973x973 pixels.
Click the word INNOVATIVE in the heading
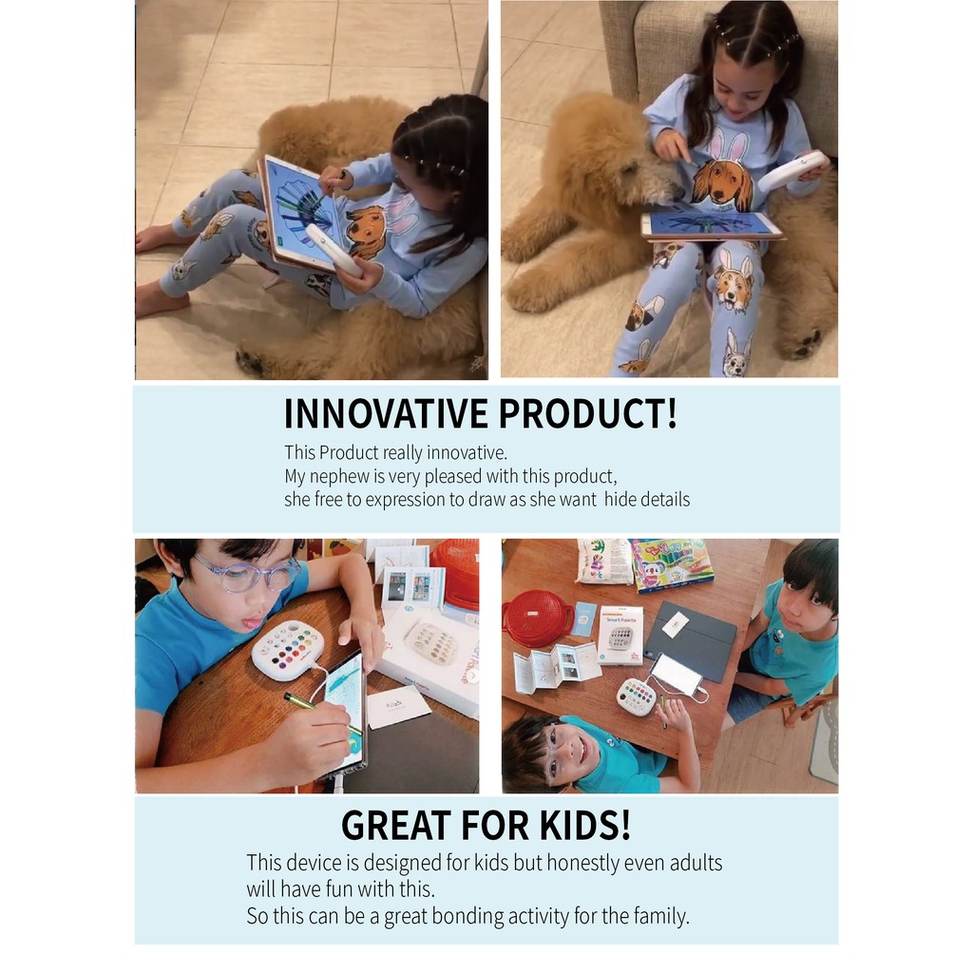(x=386, y=413)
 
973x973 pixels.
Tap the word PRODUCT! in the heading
(x=587, y=413)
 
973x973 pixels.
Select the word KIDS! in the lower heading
(x=585, y=825)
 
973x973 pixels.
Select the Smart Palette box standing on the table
(x=620, y=635)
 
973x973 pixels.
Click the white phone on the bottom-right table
(x=676, y=674)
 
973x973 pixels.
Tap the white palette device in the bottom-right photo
(x=637, y=697)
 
